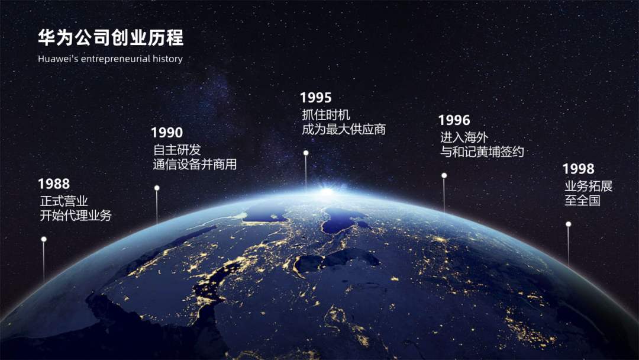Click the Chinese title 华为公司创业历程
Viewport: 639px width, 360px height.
point(111,38)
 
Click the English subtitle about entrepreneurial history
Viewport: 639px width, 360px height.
point(110,59)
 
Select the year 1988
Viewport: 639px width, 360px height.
point(54,184)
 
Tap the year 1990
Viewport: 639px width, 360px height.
point(167,133)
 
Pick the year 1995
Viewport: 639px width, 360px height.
point(316,98)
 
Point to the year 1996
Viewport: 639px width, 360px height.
point(454,121)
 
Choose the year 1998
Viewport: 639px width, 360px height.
point(579,169)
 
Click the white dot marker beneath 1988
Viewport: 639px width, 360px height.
point(44,239)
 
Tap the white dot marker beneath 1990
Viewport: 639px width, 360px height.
point(157,188)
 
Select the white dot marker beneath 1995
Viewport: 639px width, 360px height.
point(306,153)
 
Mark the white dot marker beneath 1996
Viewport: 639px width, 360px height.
point(444,175)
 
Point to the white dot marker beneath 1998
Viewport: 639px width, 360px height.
point(569,224)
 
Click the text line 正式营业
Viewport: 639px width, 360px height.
point(64,201)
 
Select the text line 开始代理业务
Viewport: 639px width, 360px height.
point(76,216)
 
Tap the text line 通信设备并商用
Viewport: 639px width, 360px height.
point(195,165)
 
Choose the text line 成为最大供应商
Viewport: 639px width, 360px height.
point(344,129)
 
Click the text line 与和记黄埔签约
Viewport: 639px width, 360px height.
point(482,152)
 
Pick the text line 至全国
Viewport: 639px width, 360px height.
point(582,201)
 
